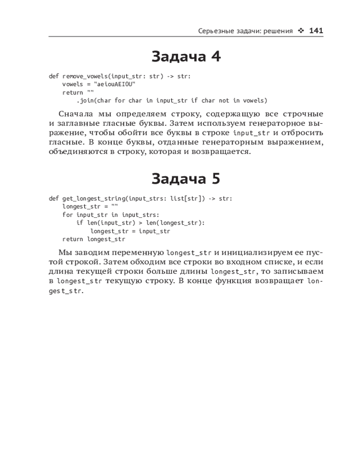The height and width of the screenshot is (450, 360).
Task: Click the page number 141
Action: tap(316, 31)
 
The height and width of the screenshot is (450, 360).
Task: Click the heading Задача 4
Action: tap(186, 57)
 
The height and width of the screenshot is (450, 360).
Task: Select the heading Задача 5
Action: tap(186, 179)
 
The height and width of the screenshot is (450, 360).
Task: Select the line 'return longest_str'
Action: tap(94, 239)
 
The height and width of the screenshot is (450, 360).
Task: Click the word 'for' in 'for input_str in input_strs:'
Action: tap(67, 215)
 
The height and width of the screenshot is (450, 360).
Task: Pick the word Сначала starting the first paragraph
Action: tap(74, 114)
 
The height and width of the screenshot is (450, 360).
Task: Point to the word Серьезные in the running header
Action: tap(215, 31)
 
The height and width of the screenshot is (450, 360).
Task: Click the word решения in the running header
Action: tap(278, 31)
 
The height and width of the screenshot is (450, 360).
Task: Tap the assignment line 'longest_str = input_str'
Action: tap(130, 231)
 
